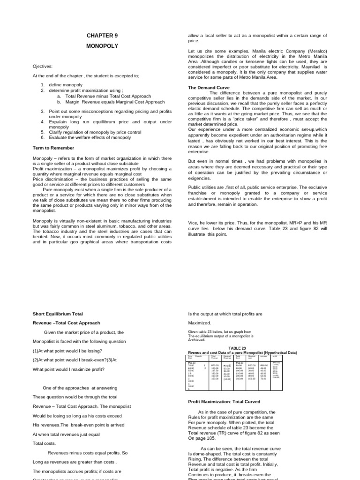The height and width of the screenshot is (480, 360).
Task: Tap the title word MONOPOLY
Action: click(102, 46)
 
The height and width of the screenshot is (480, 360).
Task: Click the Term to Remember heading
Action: click(53, 148)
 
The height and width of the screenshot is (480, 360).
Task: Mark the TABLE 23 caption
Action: click(237, 348)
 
